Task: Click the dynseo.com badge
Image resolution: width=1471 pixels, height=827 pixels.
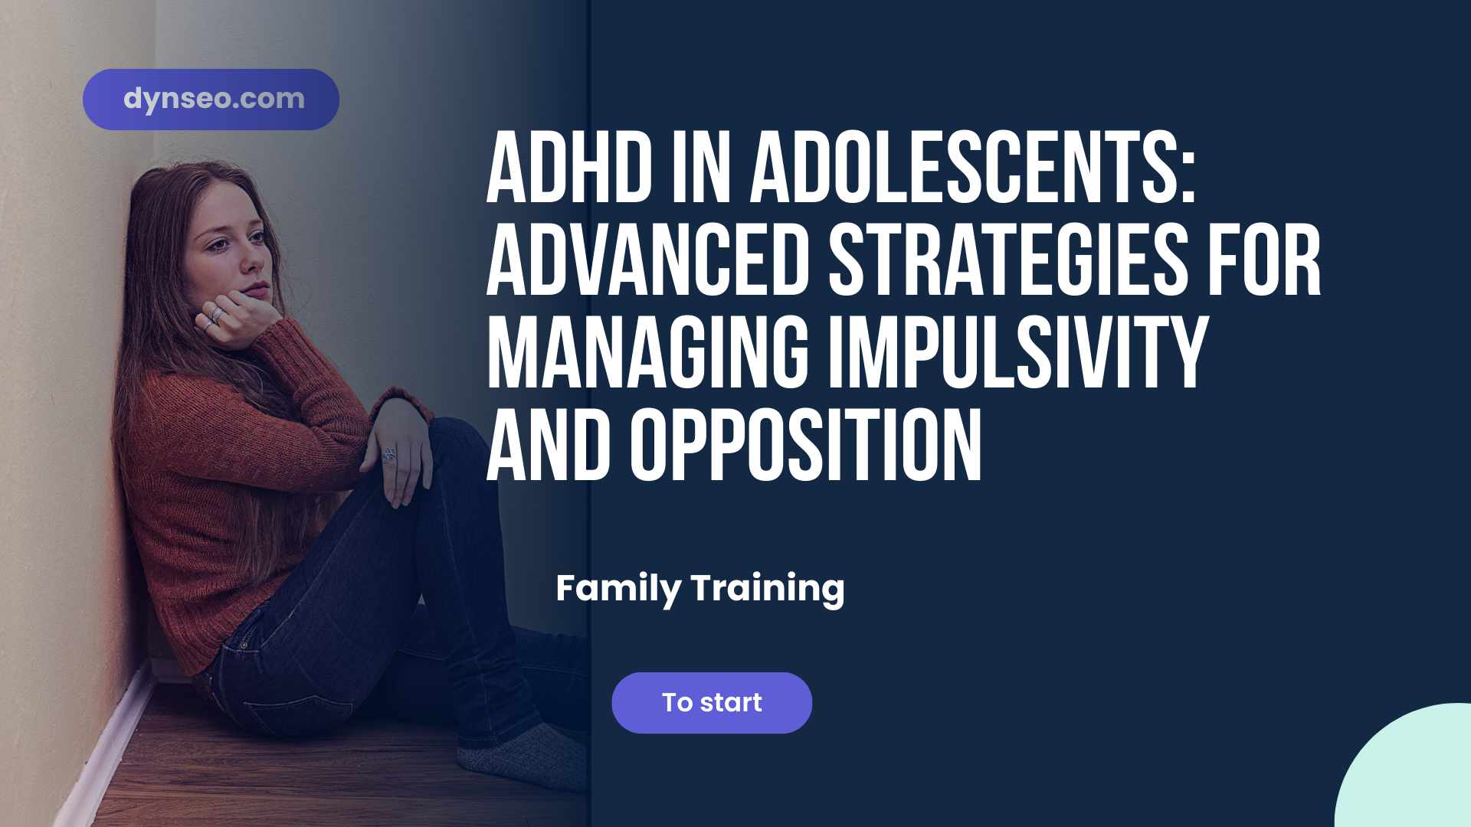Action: coord(211,100)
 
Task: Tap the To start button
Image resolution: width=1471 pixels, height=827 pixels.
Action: coord(711,703)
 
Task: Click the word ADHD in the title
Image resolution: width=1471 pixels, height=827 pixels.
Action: coord(569,168)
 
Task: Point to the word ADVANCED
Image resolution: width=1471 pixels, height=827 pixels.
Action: coord(648,261)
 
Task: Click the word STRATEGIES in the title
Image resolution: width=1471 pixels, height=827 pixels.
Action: coord(1008,261)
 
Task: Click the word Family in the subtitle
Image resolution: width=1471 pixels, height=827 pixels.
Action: coord(618,589)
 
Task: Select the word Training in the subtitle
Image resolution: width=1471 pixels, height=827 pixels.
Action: coord(767,589)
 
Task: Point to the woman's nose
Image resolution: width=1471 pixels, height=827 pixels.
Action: coord(251,261)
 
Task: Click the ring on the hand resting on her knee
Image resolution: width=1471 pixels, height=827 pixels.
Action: coord(389,456)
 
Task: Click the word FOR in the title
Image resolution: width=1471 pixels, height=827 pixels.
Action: coord(1264,261)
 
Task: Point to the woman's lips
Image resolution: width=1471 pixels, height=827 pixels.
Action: coord(257,289)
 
